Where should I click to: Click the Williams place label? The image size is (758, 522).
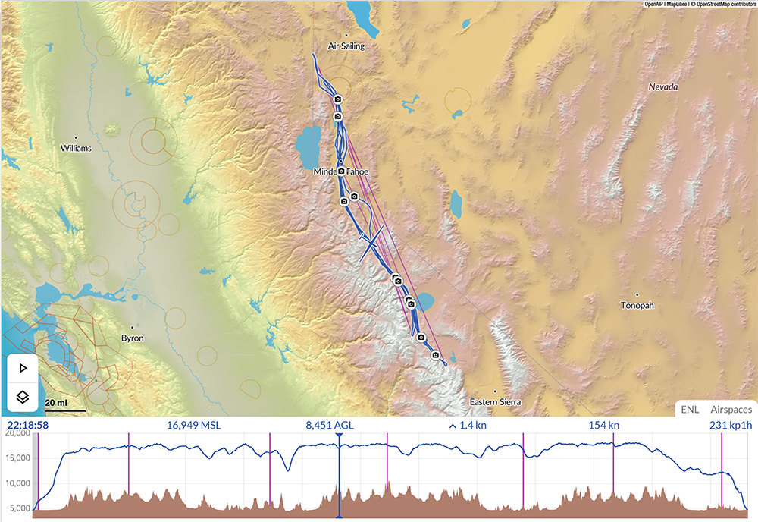(x=76, y=149)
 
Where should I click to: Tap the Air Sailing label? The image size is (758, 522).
(x=346, y=46)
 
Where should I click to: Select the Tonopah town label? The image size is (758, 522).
(x=637, y=306)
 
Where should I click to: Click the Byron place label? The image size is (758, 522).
(x=133, y=338)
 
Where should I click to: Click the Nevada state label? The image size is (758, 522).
(x=663, y=87)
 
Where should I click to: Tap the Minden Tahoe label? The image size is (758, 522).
(x=341, y=172)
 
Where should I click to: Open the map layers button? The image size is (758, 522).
(x=23, y=396)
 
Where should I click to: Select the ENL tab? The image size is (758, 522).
(x=690, y=410)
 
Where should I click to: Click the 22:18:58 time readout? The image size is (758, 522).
(x=28, y=426)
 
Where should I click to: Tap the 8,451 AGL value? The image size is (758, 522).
(x=330, y=426)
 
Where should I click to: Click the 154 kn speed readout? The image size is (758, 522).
(x=603, y=426)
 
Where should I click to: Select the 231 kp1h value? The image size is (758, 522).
(x=728, y=426)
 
